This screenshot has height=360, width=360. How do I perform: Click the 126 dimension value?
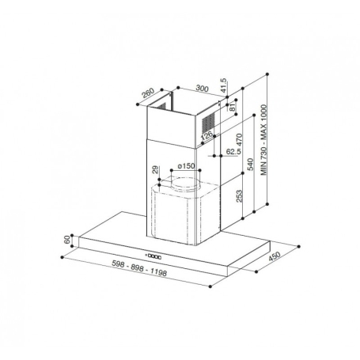(x=207, y=137)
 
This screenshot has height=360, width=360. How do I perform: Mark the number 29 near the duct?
(x=155, y=170)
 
